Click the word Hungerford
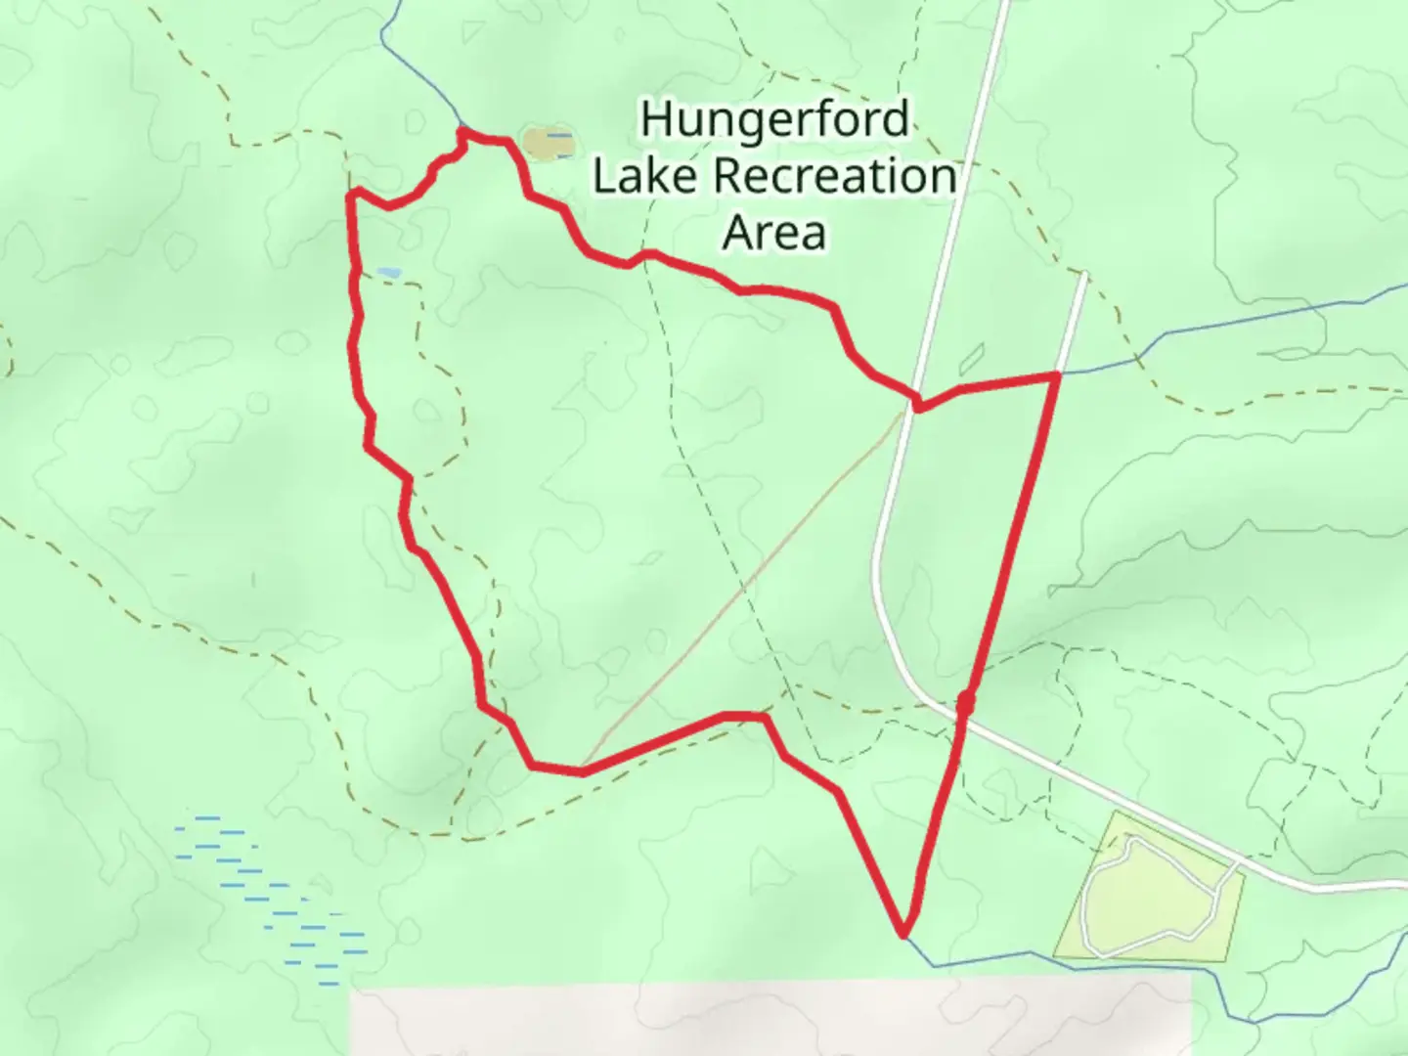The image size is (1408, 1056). (x=774, y=121)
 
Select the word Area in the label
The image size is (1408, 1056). (x=774, y=233)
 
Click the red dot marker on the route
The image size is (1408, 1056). (x=965, y=702)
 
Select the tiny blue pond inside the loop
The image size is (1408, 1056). (x=387, y=272)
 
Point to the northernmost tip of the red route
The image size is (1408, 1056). (x=462, y=130)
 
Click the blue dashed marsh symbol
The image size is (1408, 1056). (x=274, y=900)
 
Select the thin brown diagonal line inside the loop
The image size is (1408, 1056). (x=743, y=587)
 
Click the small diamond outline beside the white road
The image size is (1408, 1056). (x=972, y=360)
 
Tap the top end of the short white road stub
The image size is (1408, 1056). (x=1084, y=277)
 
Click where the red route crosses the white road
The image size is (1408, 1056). (x=916, y=403)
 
